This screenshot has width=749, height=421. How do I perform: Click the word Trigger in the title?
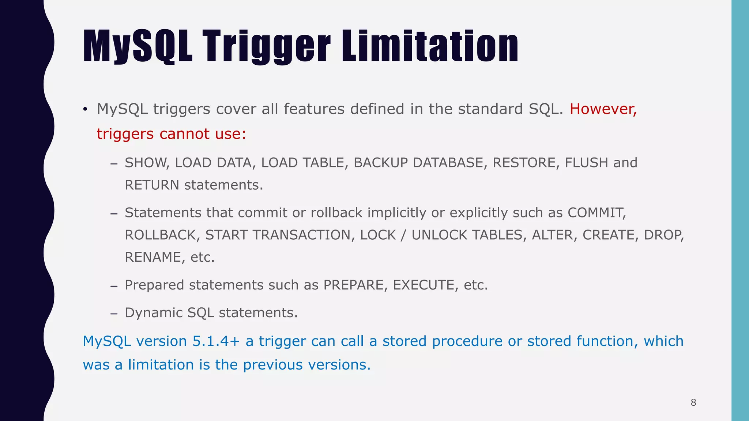(x=267, y=46)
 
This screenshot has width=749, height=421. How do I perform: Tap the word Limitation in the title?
(x=430, y=46)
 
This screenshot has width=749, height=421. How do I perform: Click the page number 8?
(x=693, y=403)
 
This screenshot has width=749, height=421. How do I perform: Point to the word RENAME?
(x=153, y=257)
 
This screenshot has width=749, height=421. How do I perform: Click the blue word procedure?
(x=467, y=341)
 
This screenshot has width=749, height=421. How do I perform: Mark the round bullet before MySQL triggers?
(x=85, y=109)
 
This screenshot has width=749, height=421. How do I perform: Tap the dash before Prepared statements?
(x=114, y=286)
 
